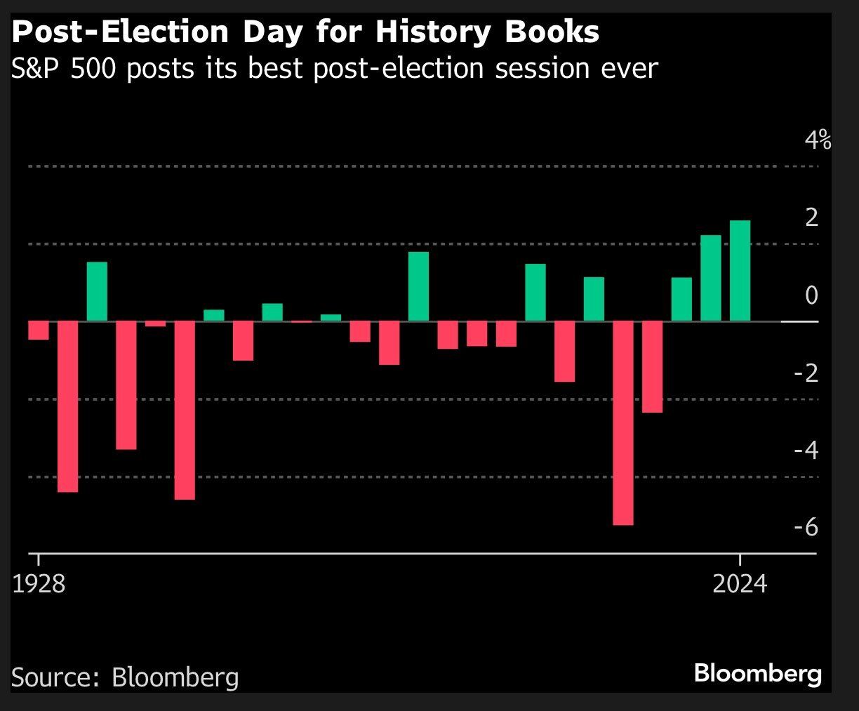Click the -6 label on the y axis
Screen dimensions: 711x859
(x=806, y=526)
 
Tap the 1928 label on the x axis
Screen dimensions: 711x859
(x=39, y=583)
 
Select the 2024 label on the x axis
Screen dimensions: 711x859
(x=740, y=583)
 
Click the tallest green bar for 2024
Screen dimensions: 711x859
(x=740, y=271)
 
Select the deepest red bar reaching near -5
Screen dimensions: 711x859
(x=622, y=423)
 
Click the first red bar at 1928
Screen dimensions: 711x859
(x=39, y=330)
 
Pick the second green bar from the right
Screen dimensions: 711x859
(x=711, y=278)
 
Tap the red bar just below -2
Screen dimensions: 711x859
(x=564, y=351)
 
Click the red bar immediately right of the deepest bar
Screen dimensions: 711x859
(x=652, y=366)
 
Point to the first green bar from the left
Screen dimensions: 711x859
(x=97, y=291)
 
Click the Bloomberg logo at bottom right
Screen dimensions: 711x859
(x=757, y=674)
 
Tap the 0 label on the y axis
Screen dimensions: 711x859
(x=812, y=295)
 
